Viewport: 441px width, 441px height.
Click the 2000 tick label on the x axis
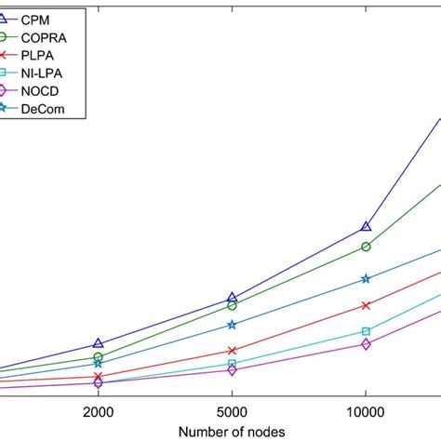coord(98,411)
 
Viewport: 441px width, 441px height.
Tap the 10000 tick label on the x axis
coord(366,411)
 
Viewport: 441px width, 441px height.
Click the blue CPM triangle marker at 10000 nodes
coord(366,226)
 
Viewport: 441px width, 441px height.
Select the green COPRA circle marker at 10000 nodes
coord(366,247)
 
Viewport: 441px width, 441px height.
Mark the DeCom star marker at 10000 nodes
coord(366,278)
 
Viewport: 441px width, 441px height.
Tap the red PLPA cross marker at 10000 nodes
coord(366,305)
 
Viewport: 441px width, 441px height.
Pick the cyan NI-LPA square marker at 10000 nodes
coord(366,330)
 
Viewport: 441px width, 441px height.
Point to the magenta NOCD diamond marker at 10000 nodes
coord(366,344)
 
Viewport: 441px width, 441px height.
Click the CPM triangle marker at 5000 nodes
coord(232,298)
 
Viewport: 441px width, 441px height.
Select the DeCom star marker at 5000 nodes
coord(232,325)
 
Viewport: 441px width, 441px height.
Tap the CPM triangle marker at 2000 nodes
coord(98,344)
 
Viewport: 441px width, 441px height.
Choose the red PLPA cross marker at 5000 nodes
coord(232,351)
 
